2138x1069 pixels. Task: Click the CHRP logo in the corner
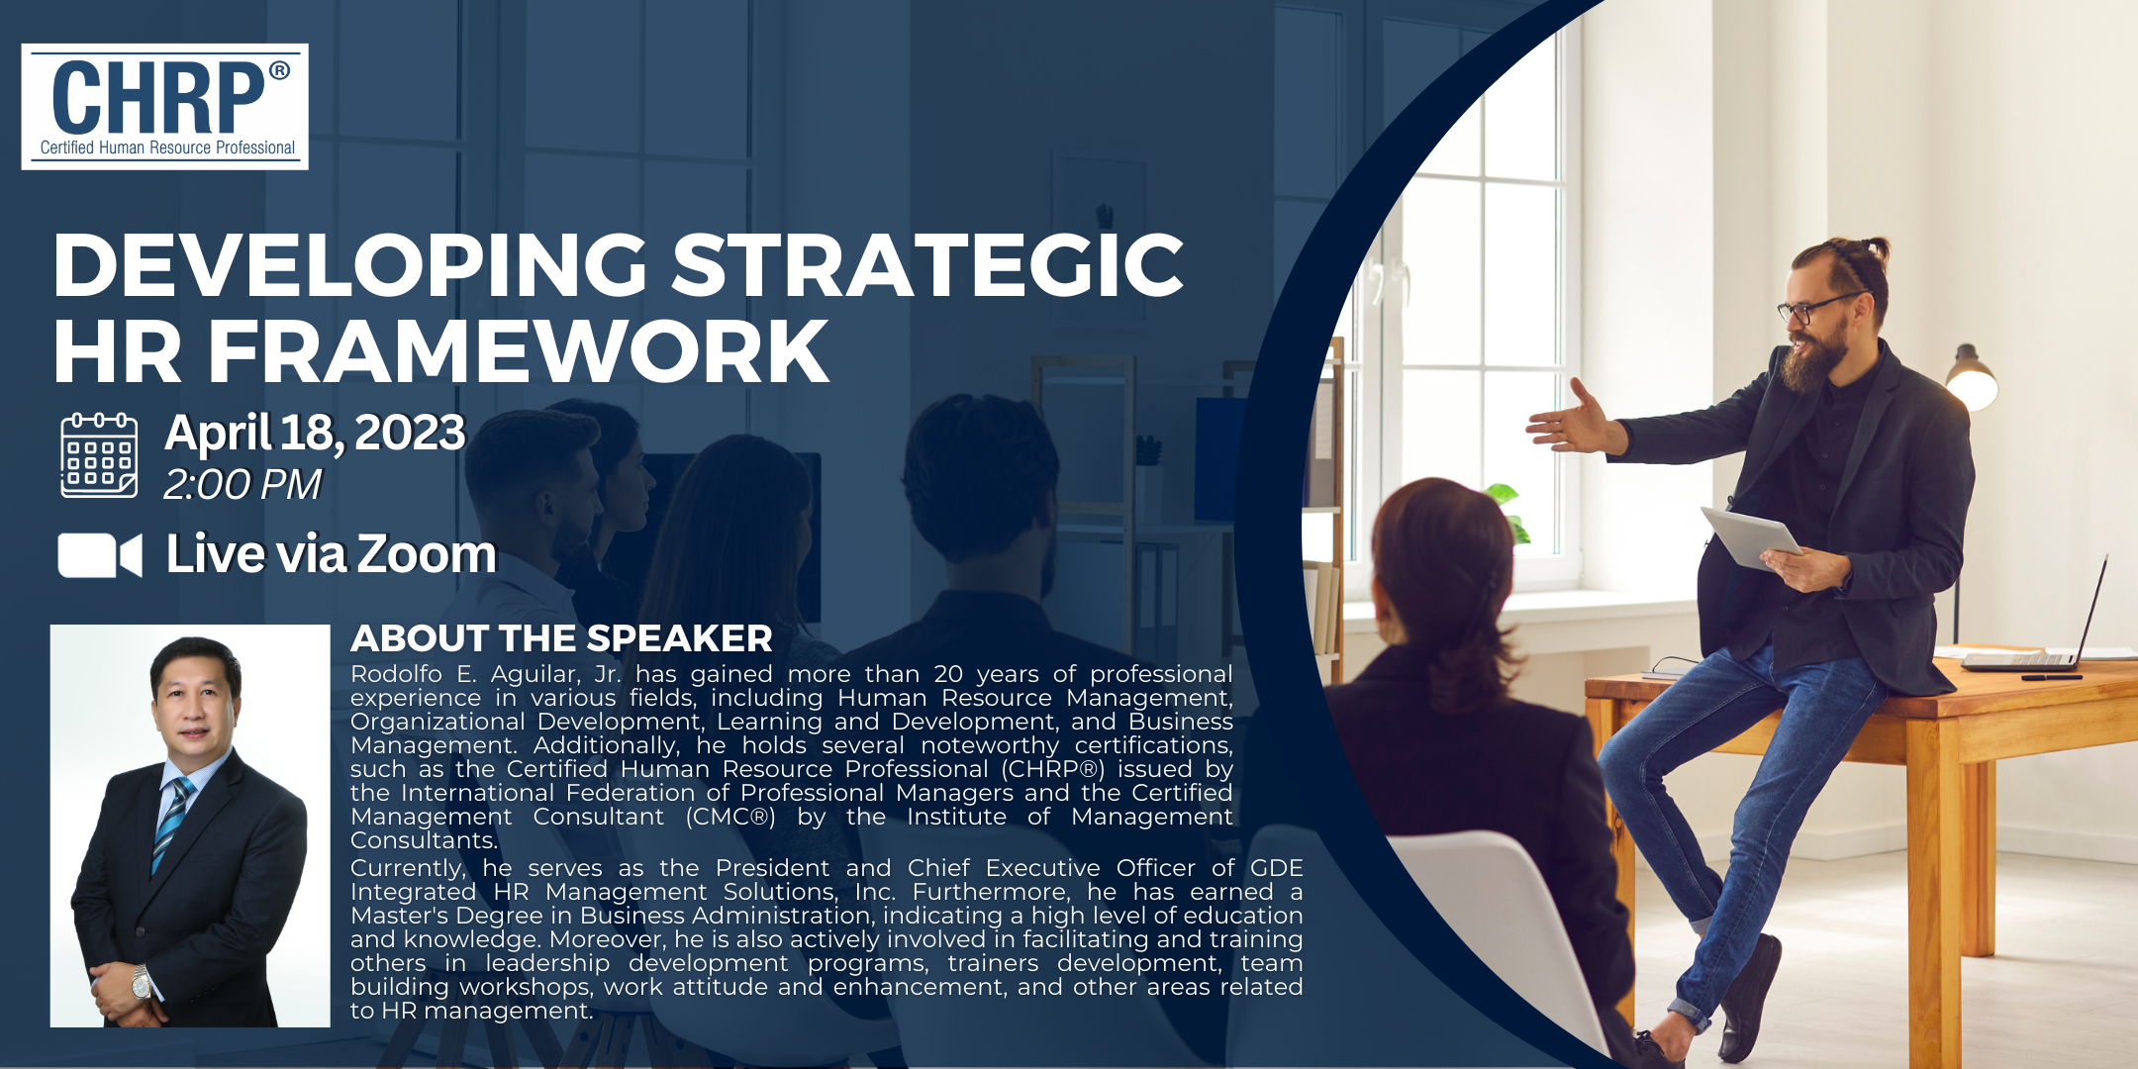click(x=165, y=106)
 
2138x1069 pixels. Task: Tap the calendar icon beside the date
click(x=99, y=454)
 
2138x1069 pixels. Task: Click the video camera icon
click(x=100, y=555)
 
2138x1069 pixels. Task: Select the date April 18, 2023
click(x=315, y=434)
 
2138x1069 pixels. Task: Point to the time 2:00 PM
click(x=243, y=485)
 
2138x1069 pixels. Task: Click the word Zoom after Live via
click(x=427, y=554)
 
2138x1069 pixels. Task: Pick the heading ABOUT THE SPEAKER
click(x=561, y=638)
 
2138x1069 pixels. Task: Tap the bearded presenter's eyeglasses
click(x=1817, y=308)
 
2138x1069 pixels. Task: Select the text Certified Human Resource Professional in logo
click(x=167, y=147)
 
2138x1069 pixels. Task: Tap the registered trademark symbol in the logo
click(x=279, y=70)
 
